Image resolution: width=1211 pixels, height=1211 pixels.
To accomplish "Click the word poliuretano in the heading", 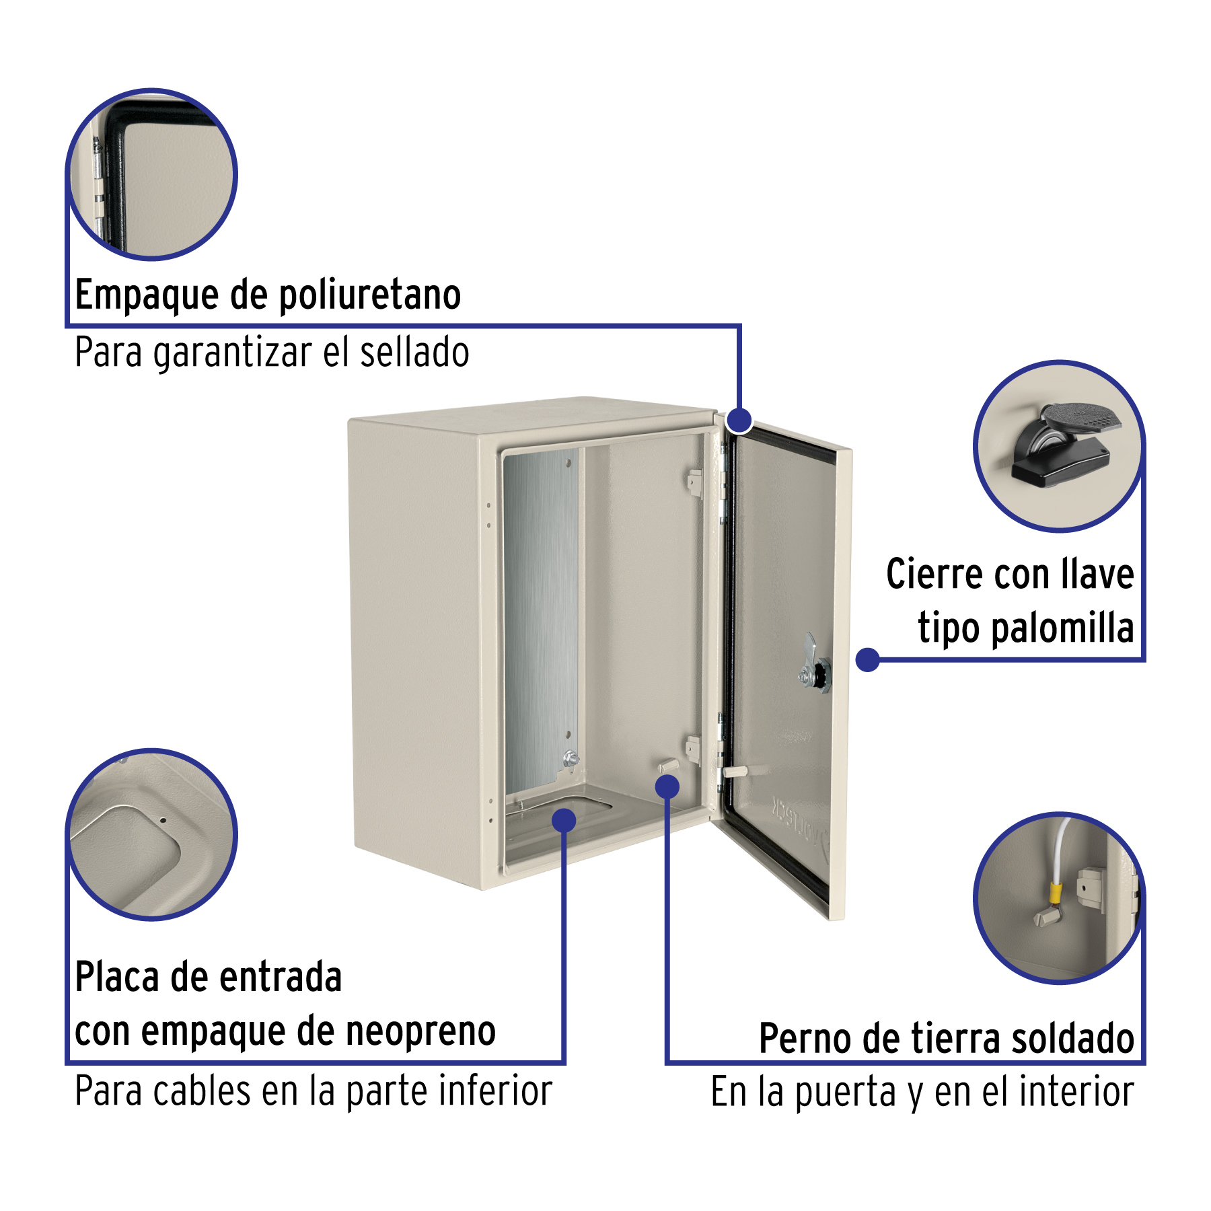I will pos(370,295).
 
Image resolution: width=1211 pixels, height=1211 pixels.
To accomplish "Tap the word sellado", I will pos(414,353).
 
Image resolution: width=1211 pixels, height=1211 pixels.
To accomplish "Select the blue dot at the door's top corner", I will pos(739,420).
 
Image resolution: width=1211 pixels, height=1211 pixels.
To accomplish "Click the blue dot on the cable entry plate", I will pos(564,820).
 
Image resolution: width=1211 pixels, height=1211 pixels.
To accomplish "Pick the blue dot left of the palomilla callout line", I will pos(868,659).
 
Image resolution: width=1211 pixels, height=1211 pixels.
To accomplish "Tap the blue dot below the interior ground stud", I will pos(667,786).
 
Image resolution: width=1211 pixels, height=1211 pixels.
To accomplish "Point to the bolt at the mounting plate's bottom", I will pos(570,759).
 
